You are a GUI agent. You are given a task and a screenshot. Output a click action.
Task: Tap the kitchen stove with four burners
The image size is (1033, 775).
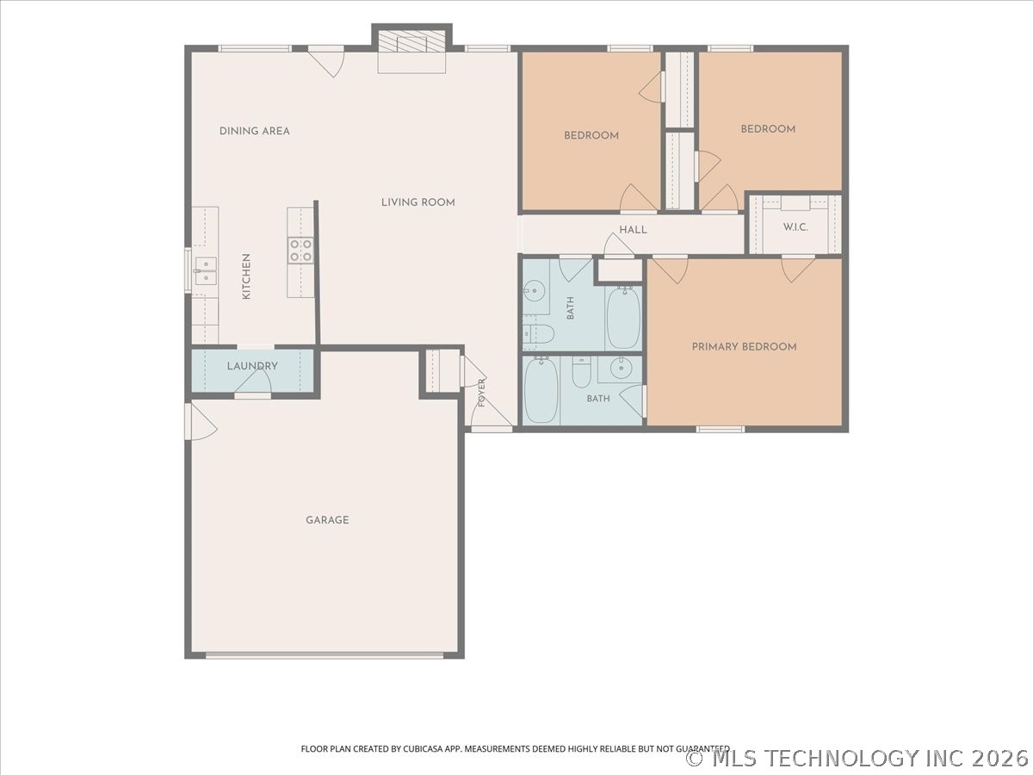coord(300,251)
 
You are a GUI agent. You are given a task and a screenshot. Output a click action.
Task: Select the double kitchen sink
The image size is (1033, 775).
coord(206,271)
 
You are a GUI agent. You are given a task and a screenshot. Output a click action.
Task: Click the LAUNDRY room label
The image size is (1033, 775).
coord(252,366)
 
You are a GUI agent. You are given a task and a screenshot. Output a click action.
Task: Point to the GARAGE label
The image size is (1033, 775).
coord(328,520)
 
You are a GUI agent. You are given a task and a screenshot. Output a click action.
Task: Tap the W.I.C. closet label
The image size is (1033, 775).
coord(795,227)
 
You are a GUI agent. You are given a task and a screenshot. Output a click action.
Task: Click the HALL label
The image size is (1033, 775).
coord(633,230)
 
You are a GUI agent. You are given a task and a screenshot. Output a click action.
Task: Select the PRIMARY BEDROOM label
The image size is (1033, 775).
coord(744,347)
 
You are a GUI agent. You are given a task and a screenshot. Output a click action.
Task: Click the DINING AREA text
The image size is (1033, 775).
coord(255,131)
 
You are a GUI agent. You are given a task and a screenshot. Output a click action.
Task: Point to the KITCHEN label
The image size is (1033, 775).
coord(246,276)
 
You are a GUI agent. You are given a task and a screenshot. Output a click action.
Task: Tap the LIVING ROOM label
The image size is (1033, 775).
coord(418,203)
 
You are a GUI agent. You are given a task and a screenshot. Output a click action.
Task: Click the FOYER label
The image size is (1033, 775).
coord(481,393)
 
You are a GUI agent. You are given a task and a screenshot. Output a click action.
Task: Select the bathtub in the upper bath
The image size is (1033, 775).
coord(623,318)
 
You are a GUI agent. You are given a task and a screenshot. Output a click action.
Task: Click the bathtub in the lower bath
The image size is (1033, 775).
coord(541,389)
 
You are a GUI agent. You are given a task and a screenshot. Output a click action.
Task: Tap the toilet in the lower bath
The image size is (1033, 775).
coord(582,372)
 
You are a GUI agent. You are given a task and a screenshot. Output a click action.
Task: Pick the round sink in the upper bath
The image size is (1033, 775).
coord(534,290)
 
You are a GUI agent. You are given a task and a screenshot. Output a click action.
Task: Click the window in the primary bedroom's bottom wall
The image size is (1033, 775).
coord(720,429)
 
